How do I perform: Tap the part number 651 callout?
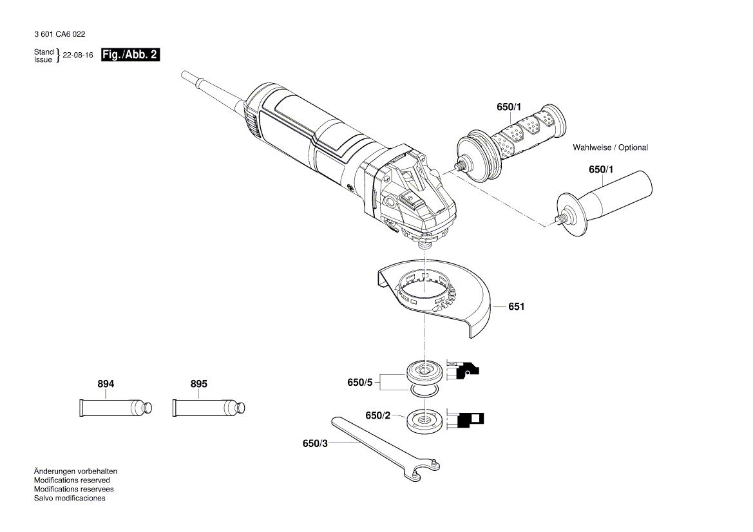(x=516, y=307)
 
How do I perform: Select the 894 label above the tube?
(x=106, y=384)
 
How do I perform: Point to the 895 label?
(x=199, y=384)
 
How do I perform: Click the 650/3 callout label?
(x=315, y=443)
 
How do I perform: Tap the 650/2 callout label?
(x=378, y=416)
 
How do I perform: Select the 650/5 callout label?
(x=360, y=383)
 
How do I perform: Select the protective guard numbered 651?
(x=438, y=296)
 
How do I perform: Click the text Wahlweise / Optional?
(x=610, y=147)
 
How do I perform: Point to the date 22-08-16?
(x=78, y=55)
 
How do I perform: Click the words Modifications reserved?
(x=71, y=480)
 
